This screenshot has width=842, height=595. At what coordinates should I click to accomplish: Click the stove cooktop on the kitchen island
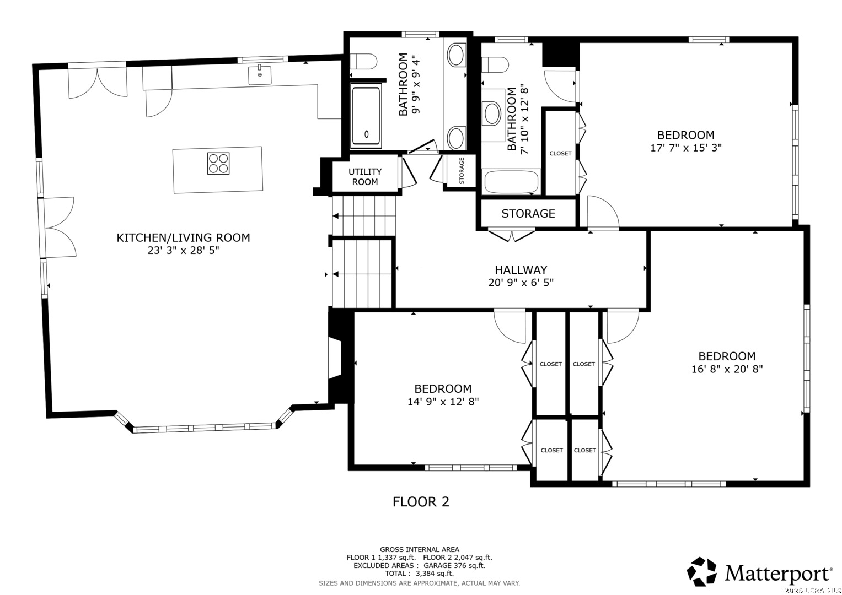(218, 164)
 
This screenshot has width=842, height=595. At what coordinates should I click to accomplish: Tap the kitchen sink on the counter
(260, 75)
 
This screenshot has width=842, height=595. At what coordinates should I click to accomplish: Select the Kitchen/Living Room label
(183, 237)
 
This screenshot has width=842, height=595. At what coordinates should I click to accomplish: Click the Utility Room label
(365, 176)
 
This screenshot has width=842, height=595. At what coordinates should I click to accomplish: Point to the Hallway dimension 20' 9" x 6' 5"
(521, 282)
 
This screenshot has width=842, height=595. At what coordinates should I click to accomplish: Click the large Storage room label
(528, 213)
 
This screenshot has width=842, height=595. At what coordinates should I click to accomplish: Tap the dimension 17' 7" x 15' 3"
(686, 148)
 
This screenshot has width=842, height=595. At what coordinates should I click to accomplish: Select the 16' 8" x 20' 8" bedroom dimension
(727, 369)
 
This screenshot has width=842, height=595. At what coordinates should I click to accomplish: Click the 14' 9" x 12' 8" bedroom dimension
(443, 402)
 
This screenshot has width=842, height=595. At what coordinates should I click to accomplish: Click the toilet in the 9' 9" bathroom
(363, 62)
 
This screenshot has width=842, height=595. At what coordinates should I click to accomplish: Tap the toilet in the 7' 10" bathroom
(495, 64)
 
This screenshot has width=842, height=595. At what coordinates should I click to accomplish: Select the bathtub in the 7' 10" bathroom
(511, 182)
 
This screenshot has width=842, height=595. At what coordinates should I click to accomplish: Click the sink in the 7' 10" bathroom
(492, 113)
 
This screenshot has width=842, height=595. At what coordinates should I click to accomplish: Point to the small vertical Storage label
(462, 171)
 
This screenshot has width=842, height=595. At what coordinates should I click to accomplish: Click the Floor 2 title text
(421, 501)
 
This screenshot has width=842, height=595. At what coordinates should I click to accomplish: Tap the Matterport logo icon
(701, 571)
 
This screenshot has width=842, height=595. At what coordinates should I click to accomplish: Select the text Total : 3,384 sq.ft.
(419, 574)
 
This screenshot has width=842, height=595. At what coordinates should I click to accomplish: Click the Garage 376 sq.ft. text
(454, 565)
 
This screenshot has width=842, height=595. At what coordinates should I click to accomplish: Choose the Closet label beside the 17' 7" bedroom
(560, 153)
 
